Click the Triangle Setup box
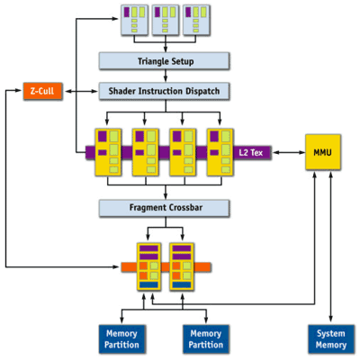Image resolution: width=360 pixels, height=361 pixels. click(164, 61)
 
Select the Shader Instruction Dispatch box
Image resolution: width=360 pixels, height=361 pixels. click(164, 91)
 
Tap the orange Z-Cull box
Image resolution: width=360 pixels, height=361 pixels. click(42, 91)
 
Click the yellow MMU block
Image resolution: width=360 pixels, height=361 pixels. click(323, 152)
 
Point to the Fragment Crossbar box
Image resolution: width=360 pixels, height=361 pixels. click(164, 208)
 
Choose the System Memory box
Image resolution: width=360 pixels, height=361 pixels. click(331, 339)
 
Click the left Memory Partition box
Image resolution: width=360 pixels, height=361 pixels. click(122, 339)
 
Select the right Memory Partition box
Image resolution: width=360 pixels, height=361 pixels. click(206, 339)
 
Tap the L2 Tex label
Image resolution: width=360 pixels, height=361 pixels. click(251, 153)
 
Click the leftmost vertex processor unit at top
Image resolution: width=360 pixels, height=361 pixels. click(134, 20)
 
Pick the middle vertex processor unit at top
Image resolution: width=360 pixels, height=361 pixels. click(166, 20)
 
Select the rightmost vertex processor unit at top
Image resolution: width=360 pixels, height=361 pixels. click(196, 20)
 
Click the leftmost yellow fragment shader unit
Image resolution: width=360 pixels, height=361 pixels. click(108, 152)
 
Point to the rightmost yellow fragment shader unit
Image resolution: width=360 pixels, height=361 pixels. click(220, 152)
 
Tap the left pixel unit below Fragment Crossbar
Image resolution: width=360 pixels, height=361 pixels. click(148, 266)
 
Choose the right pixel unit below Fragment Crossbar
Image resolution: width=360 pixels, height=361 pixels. click(182, 266)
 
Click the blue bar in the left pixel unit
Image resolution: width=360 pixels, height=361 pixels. click(148, 284)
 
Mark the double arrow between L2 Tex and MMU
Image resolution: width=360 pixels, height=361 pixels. click(289, 153)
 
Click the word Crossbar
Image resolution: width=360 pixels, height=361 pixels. click(185, 208)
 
